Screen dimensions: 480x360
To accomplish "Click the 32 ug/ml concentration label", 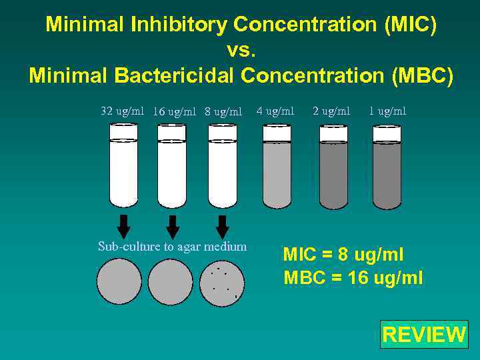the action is click(122, 111).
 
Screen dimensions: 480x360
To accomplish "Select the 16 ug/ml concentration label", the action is click(174, 111).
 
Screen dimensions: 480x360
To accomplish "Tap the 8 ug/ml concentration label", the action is click(223, 111).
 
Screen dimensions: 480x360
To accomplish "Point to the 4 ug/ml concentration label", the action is click(275, 111).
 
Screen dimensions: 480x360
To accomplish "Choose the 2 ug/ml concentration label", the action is click(331, 111).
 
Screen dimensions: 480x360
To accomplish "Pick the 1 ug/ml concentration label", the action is click(387, 111).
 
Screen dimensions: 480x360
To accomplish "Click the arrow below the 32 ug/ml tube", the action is click(123, 226).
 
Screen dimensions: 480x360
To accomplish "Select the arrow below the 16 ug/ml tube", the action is click(173, 227).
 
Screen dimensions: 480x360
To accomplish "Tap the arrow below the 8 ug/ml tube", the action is click(223, 226).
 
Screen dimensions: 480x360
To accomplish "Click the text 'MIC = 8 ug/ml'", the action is click(343, 254).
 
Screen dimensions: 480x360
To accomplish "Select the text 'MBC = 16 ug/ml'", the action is click(353, 277).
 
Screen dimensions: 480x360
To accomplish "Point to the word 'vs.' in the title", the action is click(241, 51).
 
